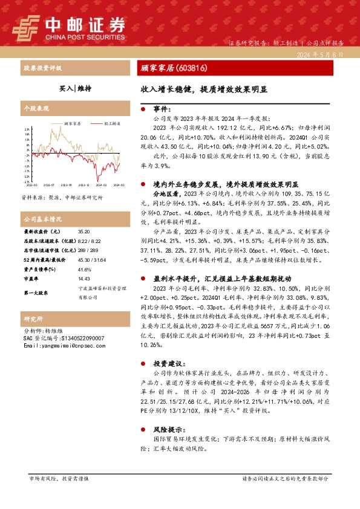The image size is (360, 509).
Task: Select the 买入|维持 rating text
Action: click(x=75, y=88)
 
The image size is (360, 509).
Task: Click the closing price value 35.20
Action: click(x=83, y=232)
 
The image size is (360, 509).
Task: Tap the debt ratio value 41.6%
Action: click(x=85, y=269)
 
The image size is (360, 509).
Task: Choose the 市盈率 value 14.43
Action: click(x=84, y=279)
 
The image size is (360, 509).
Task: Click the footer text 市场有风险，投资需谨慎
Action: click(x=59, y=478)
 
